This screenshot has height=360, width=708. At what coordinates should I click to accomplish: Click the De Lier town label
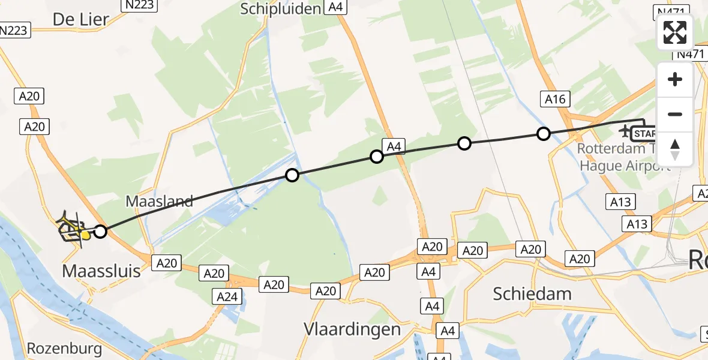click(81, 19)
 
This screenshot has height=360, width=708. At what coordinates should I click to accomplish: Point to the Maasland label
click(160, 201)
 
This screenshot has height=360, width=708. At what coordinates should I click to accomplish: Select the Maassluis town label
click(101, 271)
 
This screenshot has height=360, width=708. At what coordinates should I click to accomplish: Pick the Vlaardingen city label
click(352, 329)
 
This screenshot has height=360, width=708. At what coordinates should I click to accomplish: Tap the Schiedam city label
click(532, 293)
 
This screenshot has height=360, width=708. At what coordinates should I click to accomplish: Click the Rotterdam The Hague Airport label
click(624, 156)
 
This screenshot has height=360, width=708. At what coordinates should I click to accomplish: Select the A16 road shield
click(555, 100)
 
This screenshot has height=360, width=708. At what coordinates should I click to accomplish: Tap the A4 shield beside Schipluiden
click(335, 7)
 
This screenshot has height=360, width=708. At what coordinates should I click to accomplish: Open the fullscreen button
click(675, 32)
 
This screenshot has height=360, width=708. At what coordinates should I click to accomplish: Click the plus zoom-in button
click(675, 79)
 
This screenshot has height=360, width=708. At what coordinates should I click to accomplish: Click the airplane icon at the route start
click(624, 130)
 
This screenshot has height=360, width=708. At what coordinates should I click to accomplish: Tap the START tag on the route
click(644, 134)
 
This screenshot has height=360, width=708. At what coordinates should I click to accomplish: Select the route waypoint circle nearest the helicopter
click(100, 232)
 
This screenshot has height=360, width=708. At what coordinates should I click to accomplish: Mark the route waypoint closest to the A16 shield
click(543, 134)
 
